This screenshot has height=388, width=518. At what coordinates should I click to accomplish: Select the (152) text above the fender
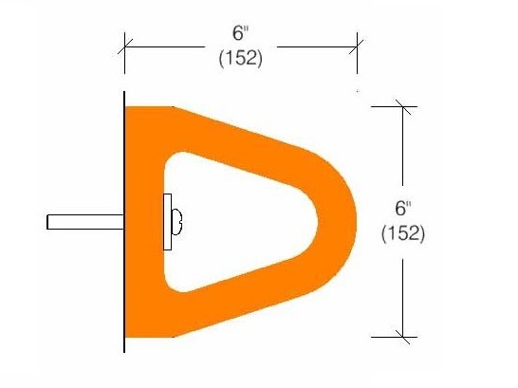tap(241, 57)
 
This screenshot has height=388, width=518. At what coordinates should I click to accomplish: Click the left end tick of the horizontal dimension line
tap(125, 44)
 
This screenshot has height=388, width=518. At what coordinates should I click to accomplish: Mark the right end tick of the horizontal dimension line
tap(357, 44)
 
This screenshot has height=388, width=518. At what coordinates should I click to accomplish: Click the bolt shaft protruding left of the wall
tap(85, 222)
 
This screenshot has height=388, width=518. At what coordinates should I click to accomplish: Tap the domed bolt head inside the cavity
tap(177, 222)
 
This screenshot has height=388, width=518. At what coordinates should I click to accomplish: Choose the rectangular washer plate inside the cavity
tap(168, 222)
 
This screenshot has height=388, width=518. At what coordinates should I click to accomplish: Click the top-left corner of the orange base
tap(129, 109)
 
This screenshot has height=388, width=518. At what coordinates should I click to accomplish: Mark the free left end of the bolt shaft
tap(48, 222)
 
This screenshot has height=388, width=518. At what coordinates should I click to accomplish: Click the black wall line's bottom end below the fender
tap(125, 349)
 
